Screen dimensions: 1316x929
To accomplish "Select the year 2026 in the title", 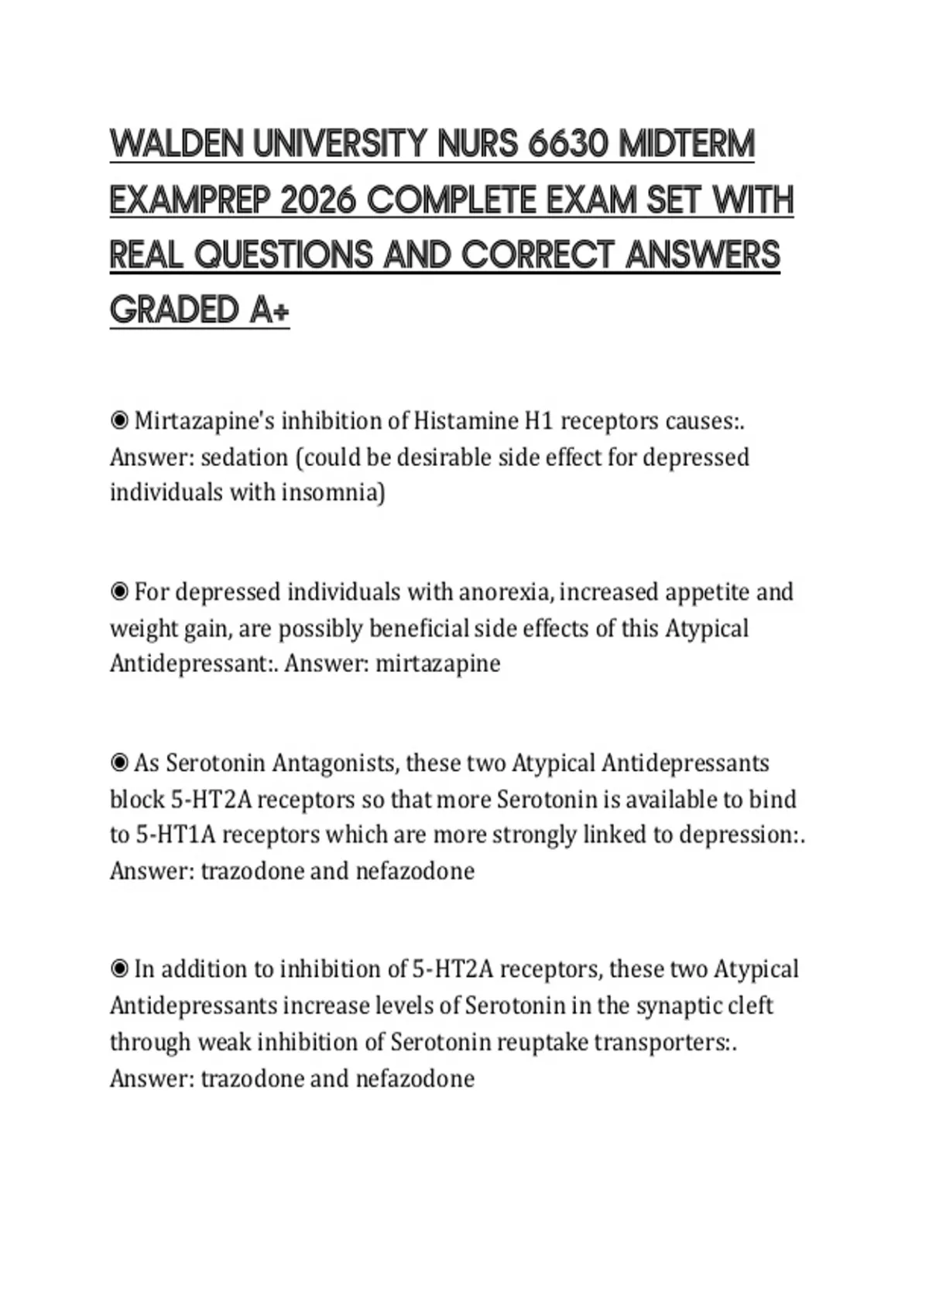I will (x=317, y=200).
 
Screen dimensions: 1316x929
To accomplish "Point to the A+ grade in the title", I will (x=269, y=310).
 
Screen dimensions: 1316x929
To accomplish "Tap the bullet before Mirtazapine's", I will (x=119, y=421).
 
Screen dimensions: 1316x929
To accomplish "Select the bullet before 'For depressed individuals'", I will (x=119, y=592).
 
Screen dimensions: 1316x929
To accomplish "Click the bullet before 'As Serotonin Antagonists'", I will (x=119, y=763).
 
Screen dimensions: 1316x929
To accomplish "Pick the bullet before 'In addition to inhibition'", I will (x=119, y=969).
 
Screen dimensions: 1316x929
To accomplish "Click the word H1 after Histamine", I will (x=539, y=421).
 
